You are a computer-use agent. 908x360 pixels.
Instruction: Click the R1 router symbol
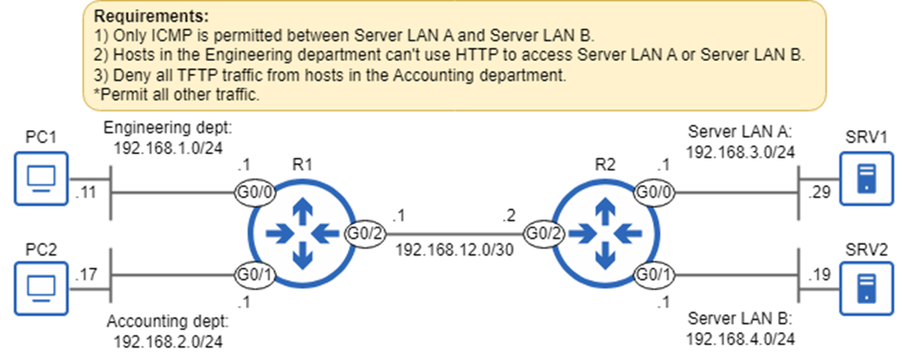(x=301, y=234)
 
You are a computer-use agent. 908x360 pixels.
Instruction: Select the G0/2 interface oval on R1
(x=363, y=234)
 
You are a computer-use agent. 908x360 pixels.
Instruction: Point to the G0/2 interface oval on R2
(x=541, y=234)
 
